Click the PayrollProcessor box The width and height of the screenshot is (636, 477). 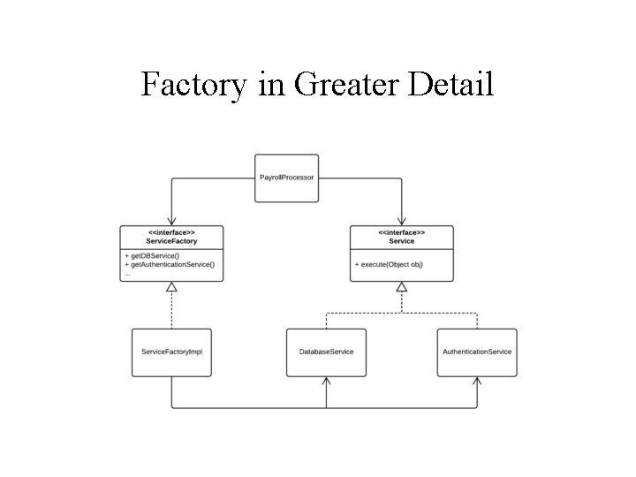[286, 178]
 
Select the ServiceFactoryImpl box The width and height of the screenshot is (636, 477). [171, 352]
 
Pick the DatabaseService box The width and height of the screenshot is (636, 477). [326, 352]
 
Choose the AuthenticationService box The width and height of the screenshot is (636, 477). [477, 352]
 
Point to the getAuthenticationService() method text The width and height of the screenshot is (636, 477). [173, 264]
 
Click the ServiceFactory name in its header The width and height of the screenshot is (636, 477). [171, 241]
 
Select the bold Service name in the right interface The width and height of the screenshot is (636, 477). [402, 241]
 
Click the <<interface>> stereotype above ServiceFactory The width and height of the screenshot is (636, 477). [171, 232]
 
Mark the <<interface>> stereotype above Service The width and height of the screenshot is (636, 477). [402, 232]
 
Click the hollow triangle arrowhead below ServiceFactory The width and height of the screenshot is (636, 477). [171, 287]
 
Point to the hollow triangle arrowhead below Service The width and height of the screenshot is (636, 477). [402, 287]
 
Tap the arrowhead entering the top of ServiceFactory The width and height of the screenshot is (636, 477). [171, 222]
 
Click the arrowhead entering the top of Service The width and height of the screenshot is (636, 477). [402, 222]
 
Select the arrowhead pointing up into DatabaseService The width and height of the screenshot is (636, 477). [326, 381]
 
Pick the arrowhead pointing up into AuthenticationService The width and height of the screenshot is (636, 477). [477, 381]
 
